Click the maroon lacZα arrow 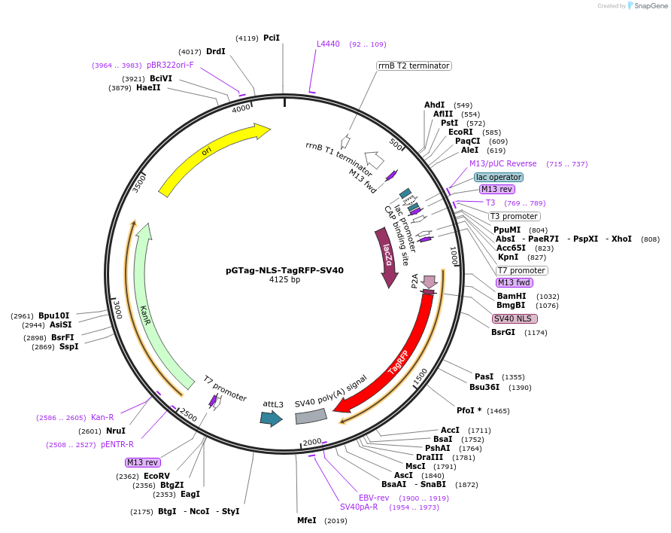click(x=387, y=256)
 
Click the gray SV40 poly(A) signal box click(x=311, y=416)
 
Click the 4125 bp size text click(x=284, y=280)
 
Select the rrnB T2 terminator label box click(x=414, y=65)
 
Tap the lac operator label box click(x=499, y=177)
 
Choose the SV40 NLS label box click(x=512, y=318)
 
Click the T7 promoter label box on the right click(x=521, y=270)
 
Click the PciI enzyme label click(x=272, y=38)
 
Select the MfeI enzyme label click(x=307, y=520)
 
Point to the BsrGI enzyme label click(x=503, y=332)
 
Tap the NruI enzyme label click(x=116, y=431)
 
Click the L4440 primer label click(x=328, y=44)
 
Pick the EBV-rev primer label click(x=373, y=498)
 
